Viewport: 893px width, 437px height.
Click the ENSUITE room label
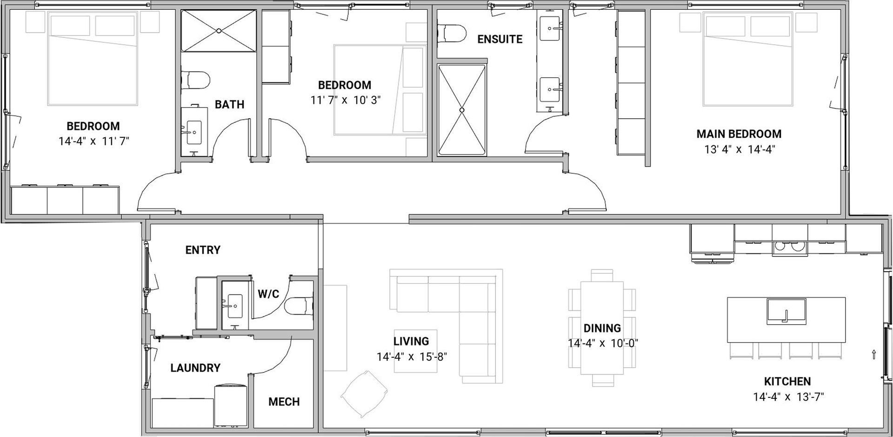pos(500,39)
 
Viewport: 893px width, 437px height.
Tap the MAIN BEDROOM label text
pos(739,134)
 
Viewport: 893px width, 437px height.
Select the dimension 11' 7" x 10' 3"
pos(346,100)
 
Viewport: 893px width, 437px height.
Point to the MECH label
pos(284,402)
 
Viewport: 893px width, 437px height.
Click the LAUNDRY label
pos(195,368)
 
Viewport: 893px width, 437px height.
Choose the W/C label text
pos(268,294)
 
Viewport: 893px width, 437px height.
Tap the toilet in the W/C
pos(298,306)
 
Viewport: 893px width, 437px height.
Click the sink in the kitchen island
pos(786,311)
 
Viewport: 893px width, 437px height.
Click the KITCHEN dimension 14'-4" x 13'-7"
pos(787,397)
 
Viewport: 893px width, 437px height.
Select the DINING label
pos(602,328)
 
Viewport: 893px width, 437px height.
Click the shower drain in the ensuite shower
pos(462,110)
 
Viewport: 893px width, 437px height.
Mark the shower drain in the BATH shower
pos(219,31)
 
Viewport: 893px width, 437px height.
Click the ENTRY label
pos(203,250)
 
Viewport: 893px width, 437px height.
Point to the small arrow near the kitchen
pos(874,354)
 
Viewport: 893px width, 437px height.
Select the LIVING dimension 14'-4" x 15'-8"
pos(411,357)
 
